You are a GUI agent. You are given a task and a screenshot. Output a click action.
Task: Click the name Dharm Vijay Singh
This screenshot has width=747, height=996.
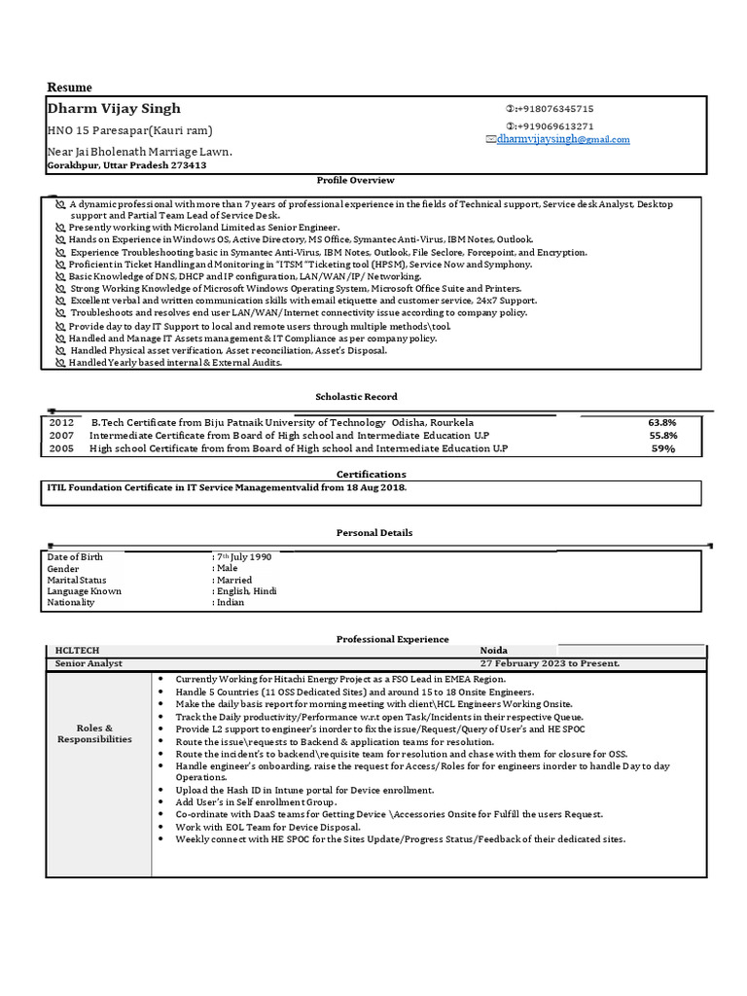[114, 108]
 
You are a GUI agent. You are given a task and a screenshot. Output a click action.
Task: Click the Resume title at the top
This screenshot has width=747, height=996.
[69, 88]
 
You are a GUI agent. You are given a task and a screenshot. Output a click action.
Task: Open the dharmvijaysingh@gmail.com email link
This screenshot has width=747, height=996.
[561, 140]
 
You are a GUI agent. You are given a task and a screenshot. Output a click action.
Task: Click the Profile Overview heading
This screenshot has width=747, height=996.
[355, 180]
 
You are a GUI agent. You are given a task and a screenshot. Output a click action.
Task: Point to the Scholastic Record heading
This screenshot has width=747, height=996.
[356, 397]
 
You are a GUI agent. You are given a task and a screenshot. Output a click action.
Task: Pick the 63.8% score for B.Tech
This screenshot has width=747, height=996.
[661, 423]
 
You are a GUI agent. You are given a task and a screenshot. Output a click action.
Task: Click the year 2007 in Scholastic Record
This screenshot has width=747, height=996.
[61, 436]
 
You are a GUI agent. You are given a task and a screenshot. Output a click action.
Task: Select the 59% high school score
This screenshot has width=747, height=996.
[662, 448]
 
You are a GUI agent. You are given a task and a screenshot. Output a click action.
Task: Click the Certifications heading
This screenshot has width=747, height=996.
[371, 474]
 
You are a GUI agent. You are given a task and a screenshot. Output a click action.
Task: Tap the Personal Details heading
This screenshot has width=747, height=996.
[374, 533]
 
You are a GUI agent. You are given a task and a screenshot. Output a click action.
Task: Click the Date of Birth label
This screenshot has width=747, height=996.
[75, 557]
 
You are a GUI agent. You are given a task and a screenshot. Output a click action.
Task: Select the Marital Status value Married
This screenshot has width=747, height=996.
[234, 580]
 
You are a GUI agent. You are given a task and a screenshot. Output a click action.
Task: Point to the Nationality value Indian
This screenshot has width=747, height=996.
[231, 602]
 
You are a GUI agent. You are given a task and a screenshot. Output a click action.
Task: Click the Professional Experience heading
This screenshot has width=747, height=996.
[393, 639]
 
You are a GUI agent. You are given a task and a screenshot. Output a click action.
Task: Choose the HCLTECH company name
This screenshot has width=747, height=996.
[77, 650]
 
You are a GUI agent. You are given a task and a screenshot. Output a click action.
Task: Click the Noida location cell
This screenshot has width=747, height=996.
[493, 650]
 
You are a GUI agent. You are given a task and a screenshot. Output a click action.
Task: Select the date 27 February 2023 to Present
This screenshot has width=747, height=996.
[550, 662]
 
